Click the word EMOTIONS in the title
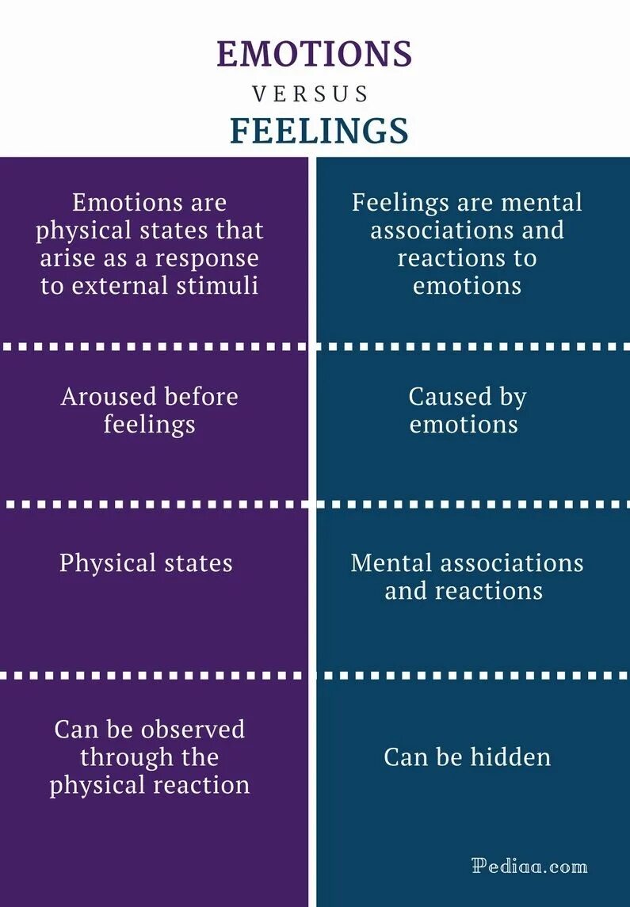315,54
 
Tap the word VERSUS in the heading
311,94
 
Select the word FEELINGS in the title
319,131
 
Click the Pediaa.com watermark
529,866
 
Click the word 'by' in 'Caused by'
513,396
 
